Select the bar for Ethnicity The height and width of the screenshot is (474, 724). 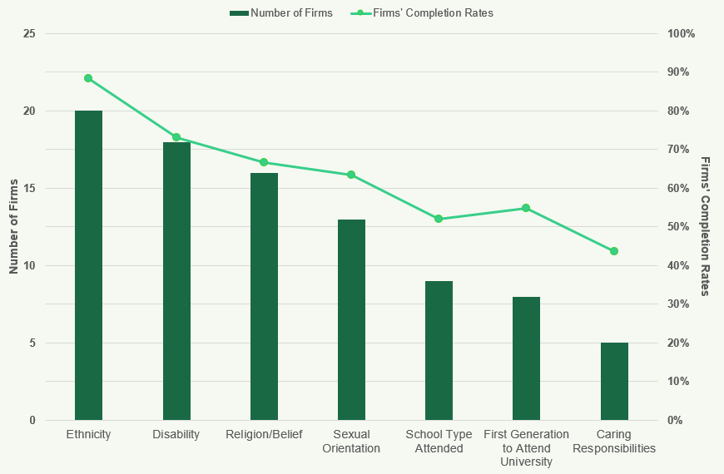[x=88, y=265]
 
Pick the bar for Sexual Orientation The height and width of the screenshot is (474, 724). [x=351, y=319]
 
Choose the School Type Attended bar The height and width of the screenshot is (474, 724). [x=439, y=350]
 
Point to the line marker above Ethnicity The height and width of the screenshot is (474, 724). [x=88, y=78]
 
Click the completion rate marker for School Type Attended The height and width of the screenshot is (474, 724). [x=439, y=219]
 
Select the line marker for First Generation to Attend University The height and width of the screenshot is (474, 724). [x=526, y=208]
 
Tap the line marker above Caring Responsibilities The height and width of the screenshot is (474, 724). [x=614, y=251]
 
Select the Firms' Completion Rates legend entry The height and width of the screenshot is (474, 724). [x=422, y=12]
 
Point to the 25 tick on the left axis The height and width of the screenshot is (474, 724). [x=29, y=34]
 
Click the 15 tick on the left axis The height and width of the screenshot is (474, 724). [x=29, y=189]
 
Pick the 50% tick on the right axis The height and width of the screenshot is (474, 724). [x=677, y=227]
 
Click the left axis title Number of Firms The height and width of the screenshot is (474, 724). [x=13, y=227]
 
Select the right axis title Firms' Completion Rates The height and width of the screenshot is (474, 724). [x=705, y=226]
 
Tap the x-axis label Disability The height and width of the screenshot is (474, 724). [x=176, y=434]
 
